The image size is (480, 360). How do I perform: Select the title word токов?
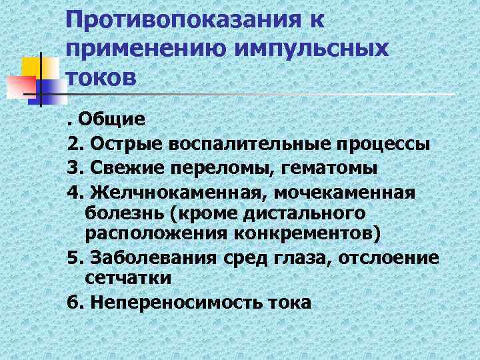(101, 76)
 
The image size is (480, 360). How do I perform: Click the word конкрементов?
(313, 235)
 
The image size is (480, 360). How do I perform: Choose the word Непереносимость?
(171, 302)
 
